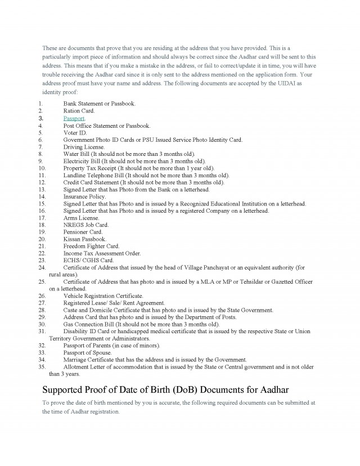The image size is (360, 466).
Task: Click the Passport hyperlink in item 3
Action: pos(74,119)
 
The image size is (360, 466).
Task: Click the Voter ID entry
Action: pos(75,133)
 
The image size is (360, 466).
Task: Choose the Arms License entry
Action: pos(81,218)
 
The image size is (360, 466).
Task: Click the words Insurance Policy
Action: pos(84,196)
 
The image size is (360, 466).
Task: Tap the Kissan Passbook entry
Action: pos(84,239)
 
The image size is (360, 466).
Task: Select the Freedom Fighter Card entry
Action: pos(91,246)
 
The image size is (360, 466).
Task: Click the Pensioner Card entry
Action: pos(83,232)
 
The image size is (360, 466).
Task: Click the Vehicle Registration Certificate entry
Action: pos(103,295)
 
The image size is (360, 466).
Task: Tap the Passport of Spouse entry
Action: pos(87,352)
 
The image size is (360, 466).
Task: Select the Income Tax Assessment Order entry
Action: pos(102,253)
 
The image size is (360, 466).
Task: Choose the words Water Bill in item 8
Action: pos(76,154)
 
